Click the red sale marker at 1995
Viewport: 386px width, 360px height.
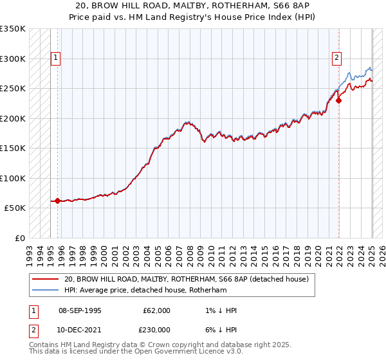coord(58,201)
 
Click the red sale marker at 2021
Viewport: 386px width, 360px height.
coord(338,100)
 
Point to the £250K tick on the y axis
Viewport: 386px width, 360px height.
coord(12,89)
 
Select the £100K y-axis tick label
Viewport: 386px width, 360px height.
coord(12,178)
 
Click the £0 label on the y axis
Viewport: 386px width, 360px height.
coord(18,238)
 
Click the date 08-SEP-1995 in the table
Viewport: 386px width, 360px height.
coord(80,310)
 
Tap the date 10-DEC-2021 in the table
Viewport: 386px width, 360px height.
coord(80,329)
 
